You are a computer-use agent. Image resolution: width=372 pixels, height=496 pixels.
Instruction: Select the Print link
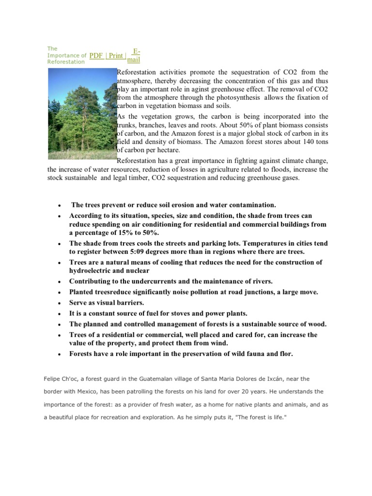(x=116, y=55)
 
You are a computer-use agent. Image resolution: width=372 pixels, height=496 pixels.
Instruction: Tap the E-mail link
(x=133, y=56)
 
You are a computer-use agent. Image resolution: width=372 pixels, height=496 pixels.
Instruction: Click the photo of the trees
(x=82, y=114)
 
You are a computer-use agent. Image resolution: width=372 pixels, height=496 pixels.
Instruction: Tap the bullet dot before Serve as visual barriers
(x=59, y=303)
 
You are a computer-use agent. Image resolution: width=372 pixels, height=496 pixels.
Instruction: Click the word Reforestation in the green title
(x=65, y=62)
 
